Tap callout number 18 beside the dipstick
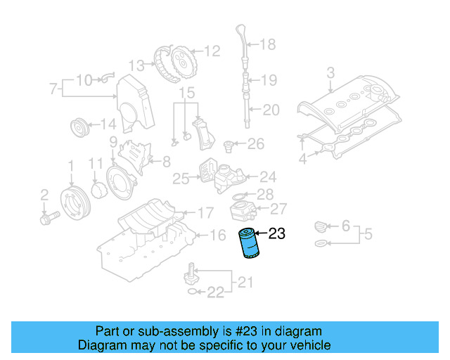click(x=267, y=45)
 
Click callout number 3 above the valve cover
click(x=330, y=72)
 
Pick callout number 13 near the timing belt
click(x=136, y=65)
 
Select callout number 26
click(x=255, y=145)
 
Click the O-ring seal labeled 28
click(x=239, y=194)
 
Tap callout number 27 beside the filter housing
click(x=278, y=208)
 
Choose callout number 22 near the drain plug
click(x=215, y=292)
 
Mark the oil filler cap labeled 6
click(x=321, y=226)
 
